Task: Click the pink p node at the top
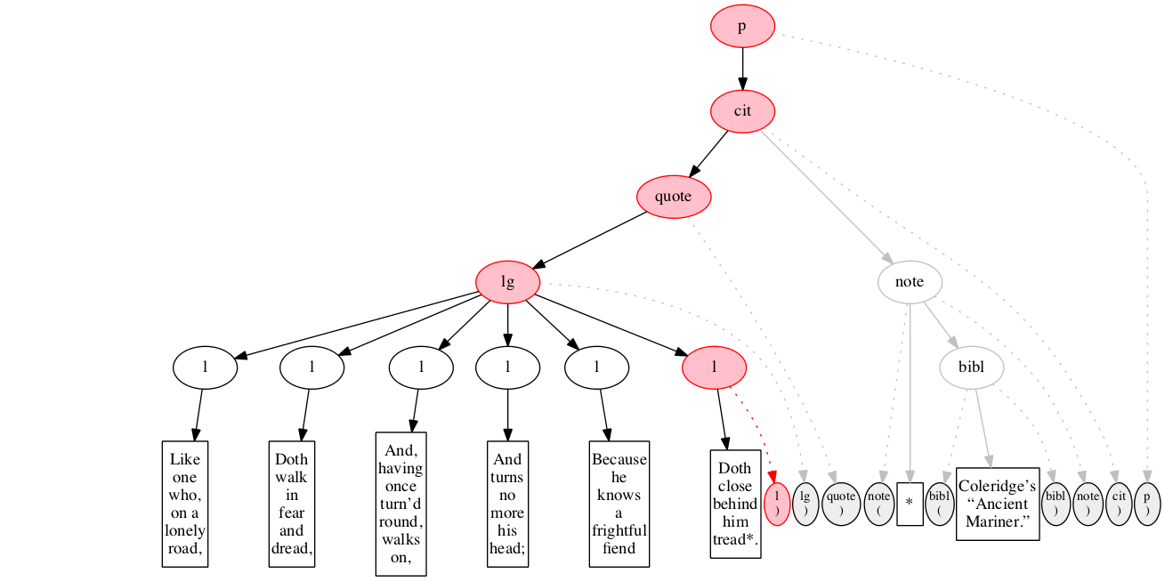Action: coord(742,27)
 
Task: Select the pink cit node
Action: coord(742,111)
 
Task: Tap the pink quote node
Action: coord(674,197)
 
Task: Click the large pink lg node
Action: coord(507,283)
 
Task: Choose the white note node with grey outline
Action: coord(910,282)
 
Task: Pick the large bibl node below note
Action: coord(972,366)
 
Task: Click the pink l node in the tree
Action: coord(714,367)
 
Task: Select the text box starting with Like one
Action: coord(185,504)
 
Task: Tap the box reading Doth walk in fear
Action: coord(292,504)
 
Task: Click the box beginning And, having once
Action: coord(401,504)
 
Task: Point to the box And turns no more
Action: coord(508,504)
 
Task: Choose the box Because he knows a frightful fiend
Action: coord(619,504)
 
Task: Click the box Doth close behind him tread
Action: coord(735,504)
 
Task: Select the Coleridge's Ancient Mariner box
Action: coord(998,504)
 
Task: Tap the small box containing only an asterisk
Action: coord(910,504)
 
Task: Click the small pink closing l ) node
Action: coord(777,504)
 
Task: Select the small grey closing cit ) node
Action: coord(1118,504)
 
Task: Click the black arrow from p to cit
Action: coord(742,69)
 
